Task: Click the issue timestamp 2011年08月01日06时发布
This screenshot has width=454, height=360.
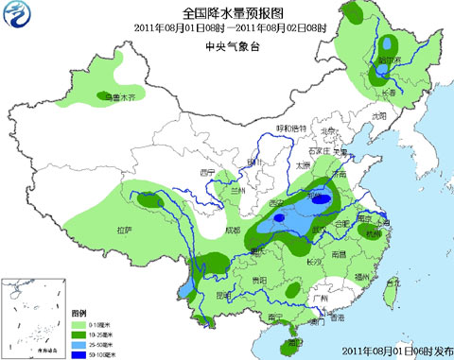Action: click(x=396, y=351)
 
